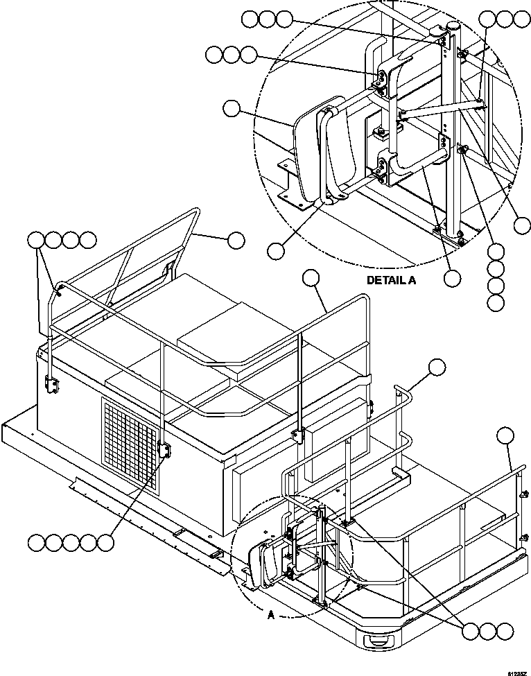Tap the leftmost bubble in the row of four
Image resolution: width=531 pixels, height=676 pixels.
coord(36,241)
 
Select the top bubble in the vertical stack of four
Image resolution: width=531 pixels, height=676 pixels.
coord(496,252)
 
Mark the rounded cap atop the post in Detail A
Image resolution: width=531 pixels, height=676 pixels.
coord(453,26)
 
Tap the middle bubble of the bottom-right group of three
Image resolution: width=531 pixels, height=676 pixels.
coord(488,631)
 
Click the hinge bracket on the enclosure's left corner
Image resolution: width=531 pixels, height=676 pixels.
coord(51,384)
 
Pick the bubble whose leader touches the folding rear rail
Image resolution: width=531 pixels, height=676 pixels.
coord(236,240)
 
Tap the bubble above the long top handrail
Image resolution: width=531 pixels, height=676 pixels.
coord(312,278)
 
